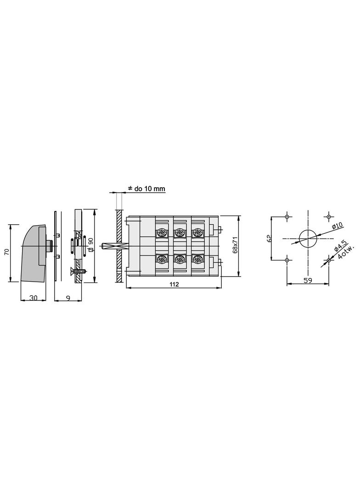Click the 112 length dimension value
[x=174, y=284]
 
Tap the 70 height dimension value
[x=7, y=252]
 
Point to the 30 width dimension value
[x=34, y=298]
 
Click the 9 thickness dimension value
[x=68, y=298]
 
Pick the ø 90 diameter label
[x=91, y=244]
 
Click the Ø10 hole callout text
[x=337, y=226]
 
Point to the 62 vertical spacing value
[x=270, y=238]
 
